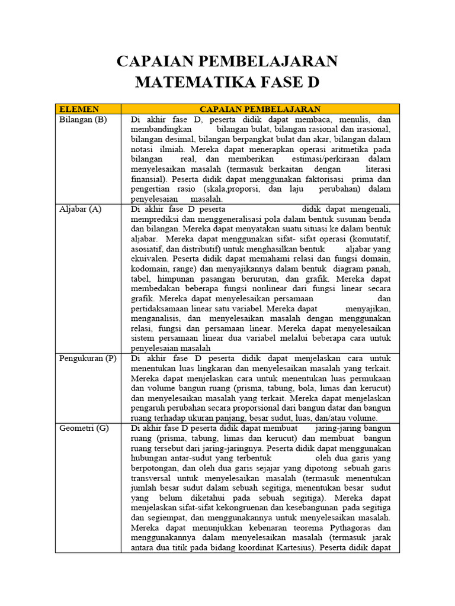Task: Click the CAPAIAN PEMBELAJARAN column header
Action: coord(260,109)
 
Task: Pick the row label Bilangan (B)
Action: coord(83,118)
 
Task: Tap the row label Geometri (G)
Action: coord(84,428)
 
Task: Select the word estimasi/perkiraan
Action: coord(325,159)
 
